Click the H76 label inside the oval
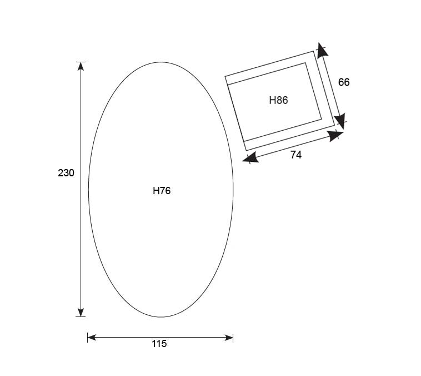pos(162,191)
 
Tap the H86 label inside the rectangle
pos(278,100)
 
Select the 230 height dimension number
pos(66,172)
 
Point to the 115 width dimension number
pos(159,344)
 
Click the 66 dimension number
pos(344,82)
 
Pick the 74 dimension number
pos(296,155)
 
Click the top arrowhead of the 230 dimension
pos(81,66)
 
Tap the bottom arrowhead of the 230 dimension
pos(81,312)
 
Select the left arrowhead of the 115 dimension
pos(92,337)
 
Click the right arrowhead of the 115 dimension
pos(229,338)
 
